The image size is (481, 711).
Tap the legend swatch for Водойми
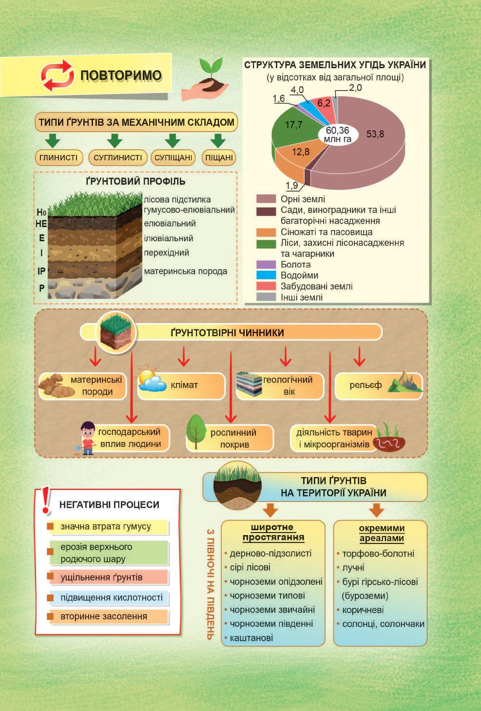pos(266,275)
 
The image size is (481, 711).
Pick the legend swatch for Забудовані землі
pos(266,286)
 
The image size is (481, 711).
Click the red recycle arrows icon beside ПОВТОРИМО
pos(57,76)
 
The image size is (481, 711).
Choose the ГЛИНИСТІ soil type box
pos(58,158)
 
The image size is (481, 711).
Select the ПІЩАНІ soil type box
pos(219,158)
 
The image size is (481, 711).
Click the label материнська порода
pos(185,271)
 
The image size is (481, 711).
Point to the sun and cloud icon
pos(152,381)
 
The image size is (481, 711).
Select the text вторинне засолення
pos(103,616)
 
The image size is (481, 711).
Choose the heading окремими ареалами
pos(382,533)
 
